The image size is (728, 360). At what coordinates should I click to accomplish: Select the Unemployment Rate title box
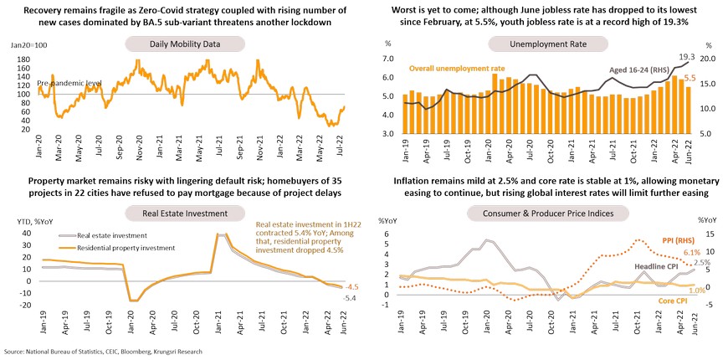pyautogui.click(x=541, y=43)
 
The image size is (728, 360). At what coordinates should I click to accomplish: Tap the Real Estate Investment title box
pyautogui.click(x=183, y=213)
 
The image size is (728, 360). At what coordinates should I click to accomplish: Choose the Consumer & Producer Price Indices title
pyautogui.click(x=541, y=213)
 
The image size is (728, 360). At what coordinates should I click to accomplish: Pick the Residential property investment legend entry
pyautogui.click(x=116, y=249)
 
